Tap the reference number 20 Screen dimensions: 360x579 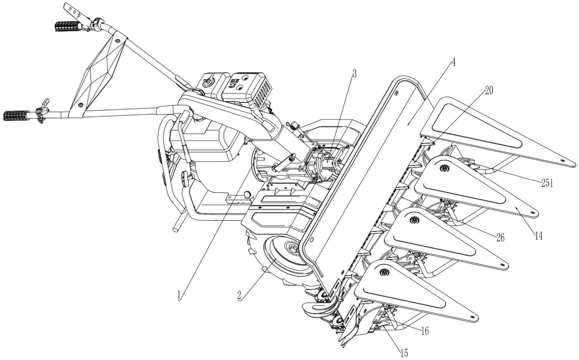click(489, 91)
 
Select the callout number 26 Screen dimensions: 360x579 click(500, 238)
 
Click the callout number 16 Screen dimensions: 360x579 click(425, 331)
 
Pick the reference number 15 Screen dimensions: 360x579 click(404, 353)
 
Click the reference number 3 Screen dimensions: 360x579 click(354, 74)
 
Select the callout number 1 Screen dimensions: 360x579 click(180, 296)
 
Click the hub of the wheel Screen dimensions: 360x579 click(293, 249)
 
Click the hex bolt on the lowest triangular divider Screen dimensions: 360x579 click(384, 272)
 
